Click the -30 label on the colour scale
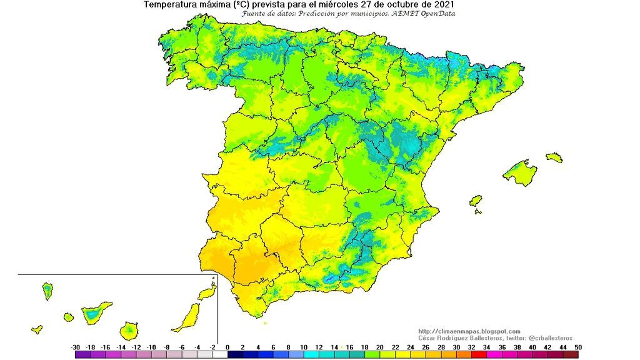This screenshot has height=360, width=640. tap(76, 347)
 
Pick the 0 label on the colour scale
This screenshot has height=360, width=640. tap(227, 347)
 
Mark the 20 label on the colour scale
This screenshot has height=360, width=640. tap(379, 347)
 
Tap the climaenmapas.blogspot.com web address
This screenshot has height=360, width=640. tap(469, 331)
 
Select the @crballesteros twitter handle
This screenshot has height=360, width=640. tap(538, 338)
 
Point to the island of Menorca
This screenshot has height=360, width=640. tap(554, 157)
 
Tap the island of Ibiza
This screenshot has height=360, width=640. tap(476, 201)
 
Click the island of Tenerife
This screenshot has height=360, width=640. tap(94, 312)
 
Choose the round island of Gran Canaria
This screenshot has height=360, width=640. tap(130, 329)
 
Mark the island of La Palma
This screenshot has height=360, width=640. tap(47, 291)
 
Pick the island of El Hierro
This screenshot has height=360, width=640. tap(37, 329)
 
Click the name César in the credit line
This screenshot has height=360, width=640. tap(427, 338)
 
